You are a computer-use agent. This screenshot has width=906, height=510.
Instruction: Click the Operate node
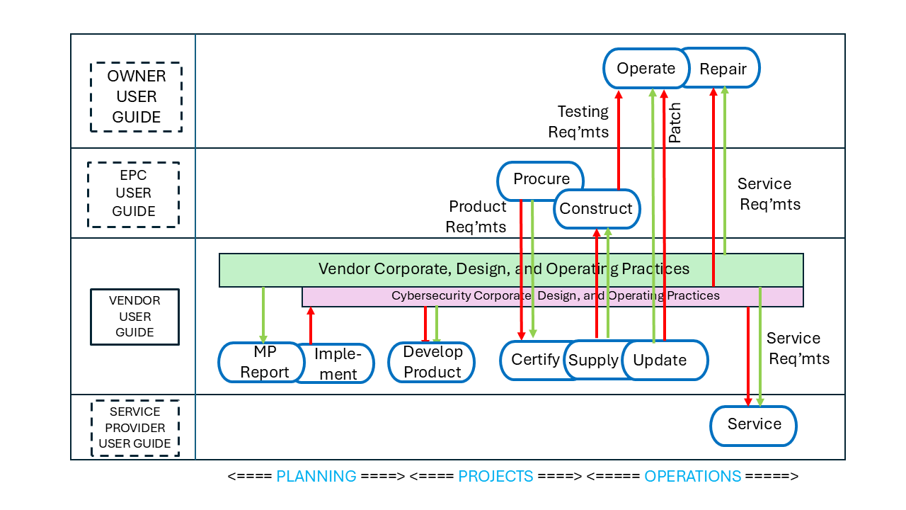645,69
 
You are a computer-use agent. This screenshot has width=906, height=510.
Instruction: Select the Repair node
723,69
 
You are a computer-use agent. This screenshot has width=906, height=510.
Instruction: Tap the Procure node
541,179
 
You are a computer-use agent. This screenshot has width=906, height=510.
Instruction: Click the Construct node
596,209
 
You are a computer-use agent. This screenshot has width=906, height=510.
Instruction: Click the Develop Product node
432,362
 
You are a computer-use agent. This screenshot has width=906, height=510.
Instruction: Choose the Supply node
593,361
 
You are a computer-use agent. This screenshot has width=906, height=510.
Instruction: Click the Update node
662,360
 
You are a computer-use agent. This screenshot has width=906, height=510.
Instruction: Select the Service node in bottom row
754,425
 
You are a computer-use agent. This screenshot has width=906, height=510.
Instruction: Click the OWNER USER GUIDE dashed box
136,97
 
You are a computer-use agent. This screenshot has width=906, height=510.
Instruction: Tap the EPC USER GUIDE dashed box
133,193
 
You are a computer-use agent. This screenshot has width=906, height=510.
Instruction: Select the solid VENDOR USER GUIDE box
134,317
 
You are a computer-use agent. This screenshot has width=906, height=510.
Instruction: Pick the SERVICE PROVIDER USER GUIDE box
134,428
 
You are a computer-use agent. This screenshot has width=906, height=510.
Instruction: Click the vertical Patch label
675,123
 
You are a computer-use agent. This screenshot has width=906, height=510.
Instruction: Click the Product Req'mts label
476,216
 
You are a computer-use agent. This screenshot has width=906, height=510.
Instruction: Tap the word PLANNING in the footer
316,476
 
